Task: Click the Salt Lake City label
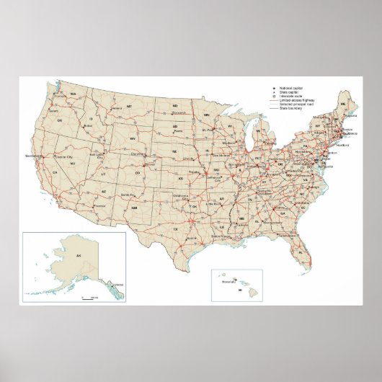(x=98, y=155)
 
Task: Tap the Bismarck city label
(x=178, y=113)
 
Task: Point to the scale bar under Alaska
(x=90, y=296)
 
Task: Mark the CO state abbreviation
(x=138, y=173)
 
